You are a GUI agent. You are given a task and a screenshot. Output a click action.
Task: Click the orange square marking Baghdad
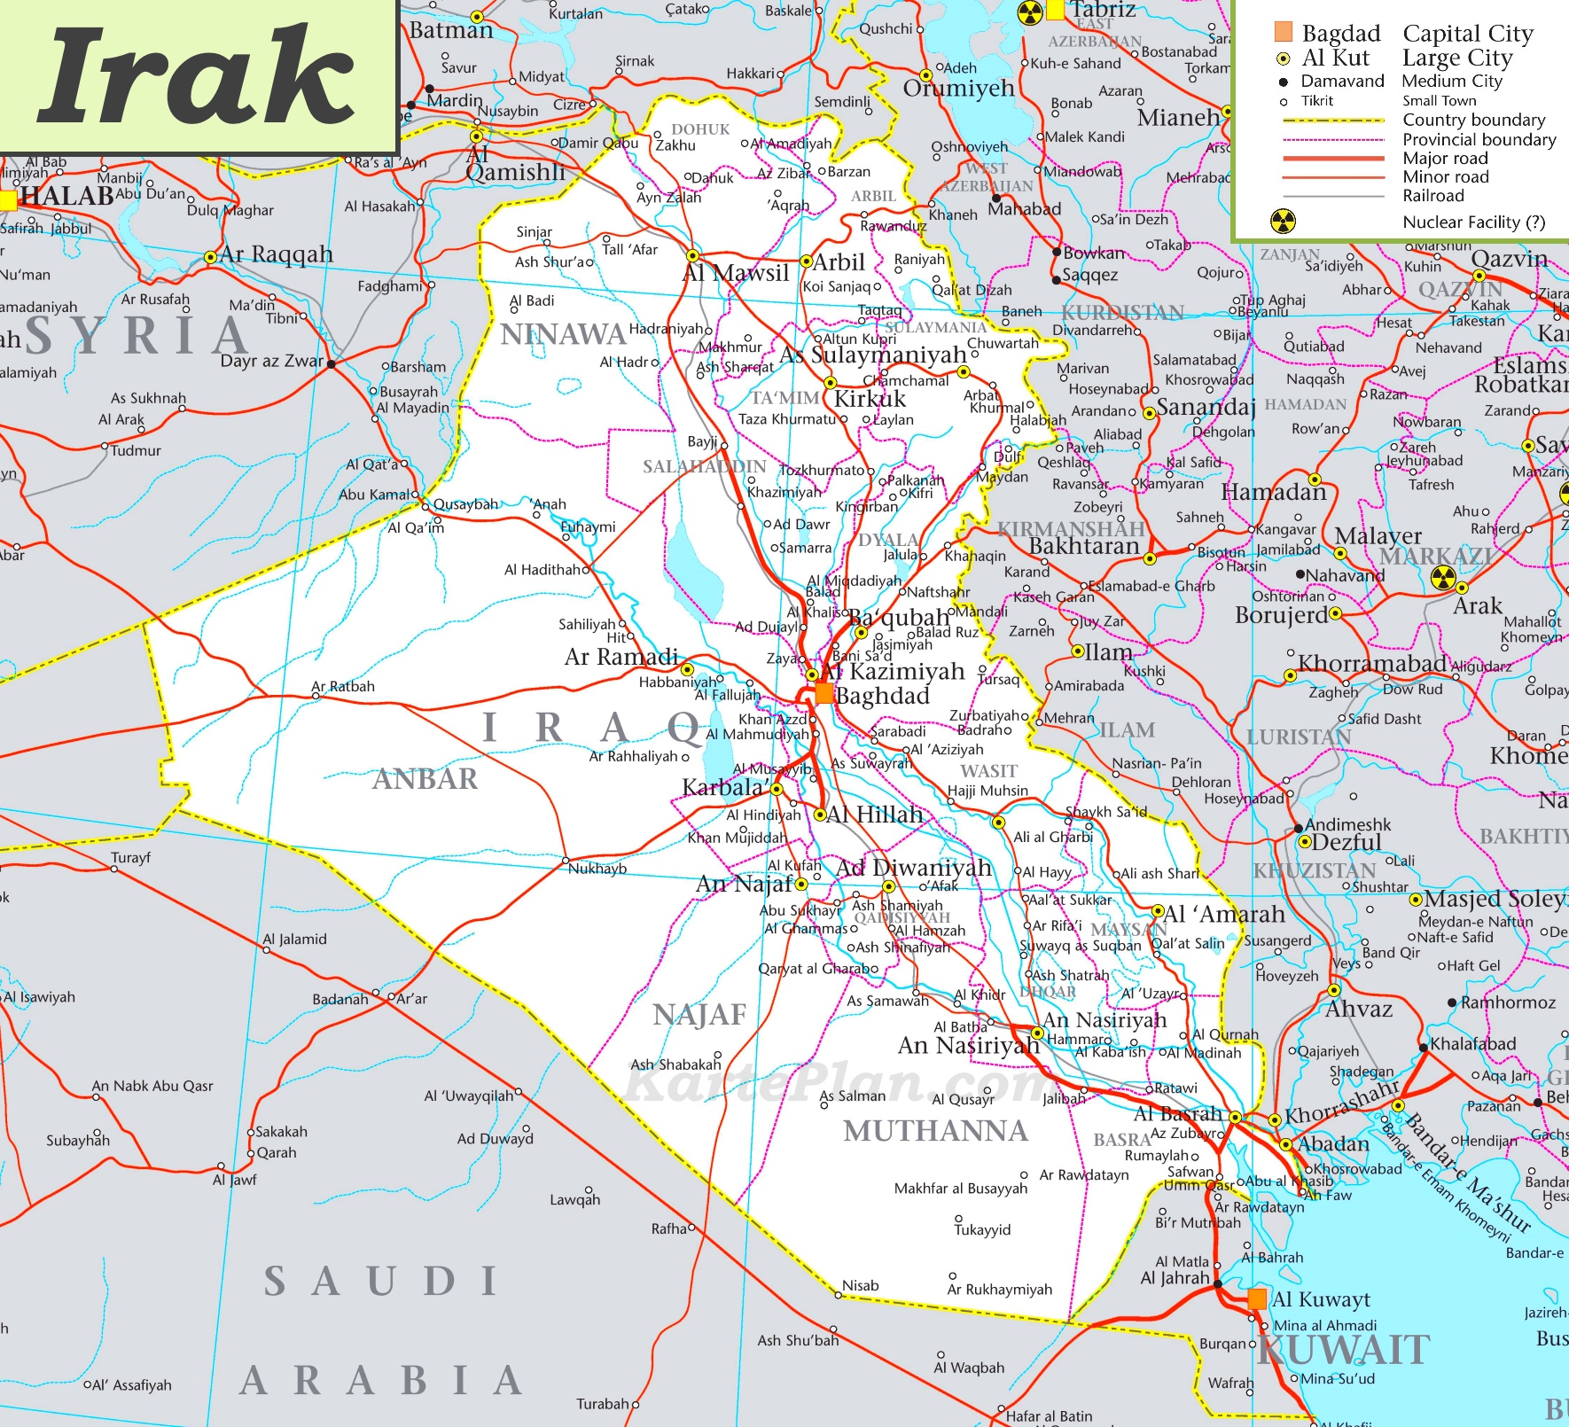824,693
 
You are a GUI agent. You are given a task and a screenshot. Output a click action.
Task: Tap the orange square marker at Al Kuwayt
1256,1299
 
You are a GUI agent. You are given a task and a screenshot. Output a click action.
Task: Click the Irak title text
197,77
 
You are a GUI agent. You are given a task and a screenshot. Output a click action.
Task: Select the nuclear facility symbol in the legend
1283,222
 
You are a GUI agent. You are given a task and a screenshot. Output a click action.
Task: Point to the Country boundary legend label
1473,120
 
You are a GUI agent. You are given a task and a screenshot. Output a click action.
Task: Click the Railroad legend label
1432,196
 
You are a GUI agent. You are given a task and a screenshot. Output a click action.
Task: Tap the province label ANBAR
425,779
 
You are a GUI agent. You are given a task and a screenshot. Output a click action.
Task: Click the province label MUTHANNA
935,1131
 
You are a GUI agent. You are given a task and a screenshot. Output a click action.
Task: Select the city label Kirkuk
870,399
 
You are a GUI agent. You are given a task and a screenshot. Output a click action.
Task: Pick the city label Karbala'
724,787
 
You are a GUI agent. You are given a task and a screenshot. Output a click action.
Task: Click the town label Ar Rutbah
343,686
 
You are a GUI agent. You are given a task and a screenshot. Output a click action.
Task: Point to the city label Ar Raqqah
277,254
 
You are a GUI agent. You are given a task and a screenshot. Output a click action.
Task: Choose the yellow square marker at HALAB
7,199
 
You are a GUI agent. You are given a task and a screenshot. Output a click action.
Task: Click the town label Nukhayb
597,869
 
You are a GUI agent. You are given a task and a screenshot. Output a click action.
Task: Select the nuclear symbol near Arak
1443,578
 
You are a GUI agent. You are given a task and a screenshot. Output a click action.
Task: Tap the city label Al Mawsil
735,273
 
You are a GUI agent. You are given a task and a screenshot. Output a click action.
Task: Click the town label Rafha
669,1228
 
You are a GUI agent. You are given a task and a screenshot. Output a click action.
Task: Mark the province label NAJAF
699,1015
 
